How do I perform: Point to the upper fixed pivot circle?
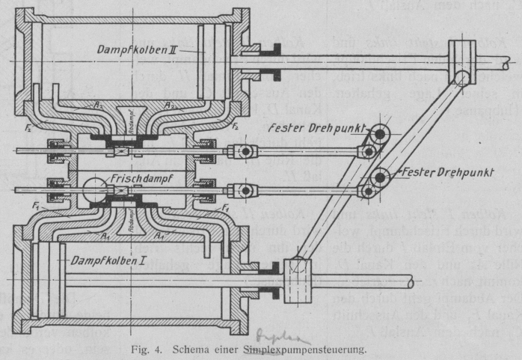point(382,134)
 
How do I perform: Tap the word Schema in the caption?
point(197,347)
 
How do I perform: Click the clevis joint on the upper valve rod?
point(244,151)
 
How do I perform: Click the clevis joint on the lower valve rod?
point(244,189)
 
